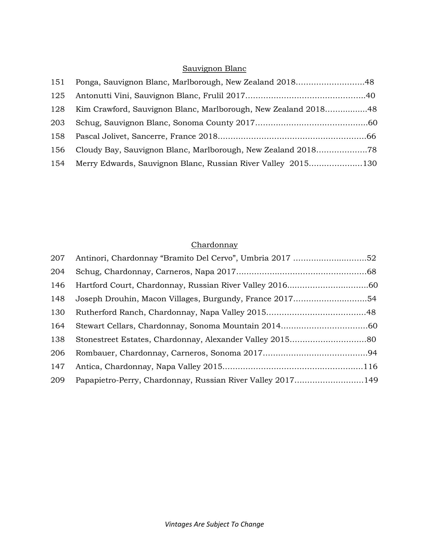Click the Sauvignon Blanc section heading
point(214,69)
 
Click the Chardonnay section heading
point(214,245)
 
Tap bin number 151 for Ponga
point(58,82)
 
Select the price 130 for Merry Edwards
point(370,164)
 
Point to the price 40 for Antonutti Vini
point(370,96)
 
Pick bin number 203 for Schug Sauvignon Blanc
point(58,123)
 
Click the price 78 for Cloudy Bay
point(372,150)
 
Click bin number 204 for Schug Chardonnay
point(58,272)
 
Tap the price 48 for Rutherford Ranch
point(371,312)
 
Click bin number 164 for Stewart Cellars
point(58,326)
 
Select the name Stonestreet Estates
point(112,340)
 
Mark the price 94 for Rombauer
point(372,353)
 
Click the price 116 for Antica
point(370,367)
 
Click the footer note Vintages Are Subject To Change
point(214,524)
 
